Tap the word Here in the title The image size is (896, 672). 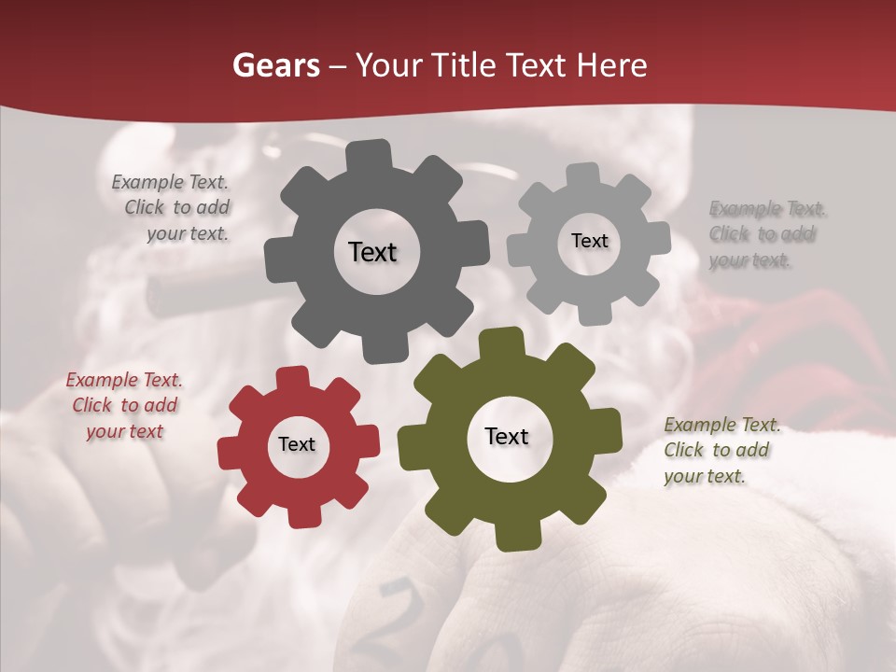tap(612, 65)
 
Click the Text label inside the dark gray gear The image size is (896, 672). tap(372, 252)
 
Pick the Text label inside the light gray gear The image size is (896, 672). tap(589, 241)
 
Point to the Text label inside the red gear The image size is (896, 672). tap(297, 445)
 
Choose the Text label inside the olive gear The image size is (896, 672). tap(507, 437)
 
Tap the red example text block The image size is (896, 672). tap(124, 406)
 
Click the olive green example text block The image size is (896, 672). tap(721, 451)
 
